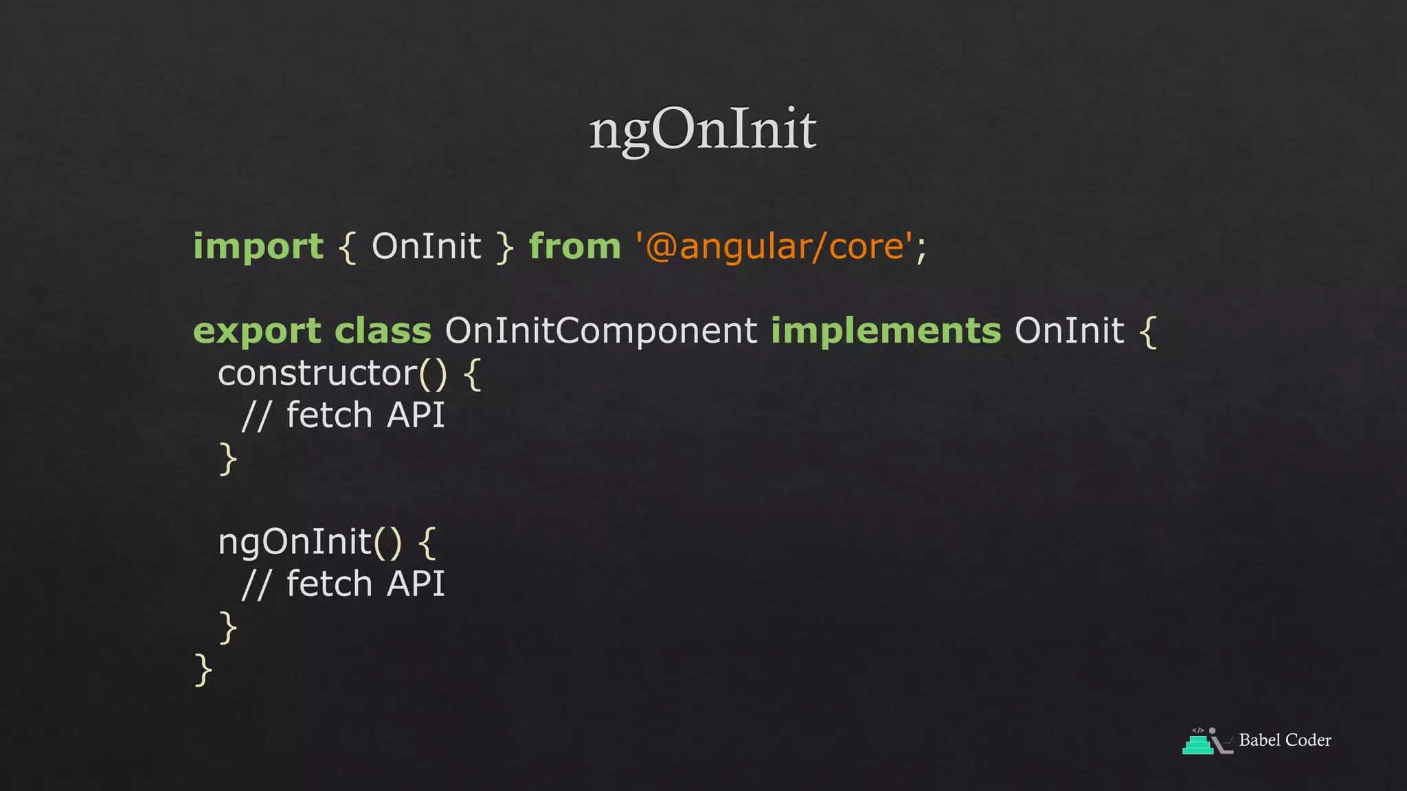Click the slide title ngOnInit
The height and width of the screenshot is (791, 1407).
pos(702,129)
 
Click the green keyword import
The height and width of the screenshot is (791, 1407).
pos(258,247)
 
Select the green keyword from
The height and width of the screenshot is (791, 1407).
pos(574,247)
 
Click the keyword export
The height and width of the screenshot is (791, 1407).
pos(257,332)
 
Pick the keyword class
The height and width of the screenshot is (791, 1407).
pos(383,331)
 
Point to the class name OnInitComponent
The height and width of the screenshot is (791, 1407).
pos(601,331)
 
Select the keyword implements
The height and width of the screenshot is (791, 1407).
pos(886,331)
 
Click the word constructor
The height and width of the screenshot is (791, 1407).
pos(317,374)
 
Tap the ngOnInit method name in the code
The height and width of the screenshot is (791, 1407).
pos(295,542)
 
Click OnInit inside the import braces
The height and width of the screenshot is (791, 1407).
pos(426,247)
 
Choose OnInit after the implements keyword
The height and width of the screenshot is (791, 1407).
pos(1069,331)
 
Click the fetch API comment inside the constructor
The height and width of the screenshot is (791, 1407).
pos(344,415)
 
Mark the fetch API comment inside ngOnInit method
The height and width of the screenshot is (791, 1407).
pos(344,584)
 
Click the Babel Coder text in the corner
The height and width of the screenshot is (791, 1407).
pos(1285,740)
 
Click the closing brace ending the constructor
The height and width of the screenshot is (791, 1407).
pos(228,459)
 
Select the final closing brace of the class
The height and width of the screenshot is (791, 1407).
pos(203,669)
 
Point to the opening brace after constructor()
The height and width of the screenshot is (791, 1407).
pos(472,375)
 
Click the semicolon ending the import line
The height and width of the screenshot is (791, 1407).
pos(921,249)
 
